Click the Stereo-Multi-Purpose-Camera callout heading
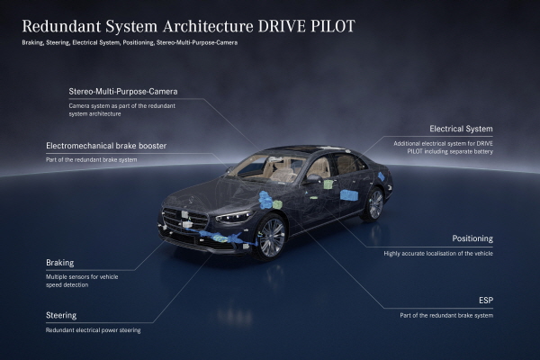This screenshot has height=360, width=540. pos(123,92)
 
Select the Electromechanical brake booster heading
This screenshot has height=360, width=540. pos(106,146)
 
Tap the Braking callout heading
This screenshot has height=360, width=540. pos(60,263)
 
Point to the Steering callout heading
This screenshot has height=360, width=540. pos(61,315)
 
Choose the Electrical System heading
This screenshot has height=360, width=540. pos(461,129)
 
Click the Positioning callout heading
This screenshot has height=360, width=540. pos(472,238)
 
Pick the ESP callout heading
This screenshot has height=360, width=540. pos(486,301)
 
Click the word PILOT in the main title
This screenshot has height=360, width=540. pos(333,26)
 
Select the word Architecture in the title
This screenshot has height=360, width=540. pos(208,26)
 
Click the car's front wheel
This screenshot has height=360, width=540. pos(272,238)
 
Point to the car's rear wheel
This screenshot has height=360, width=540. pos(375,204)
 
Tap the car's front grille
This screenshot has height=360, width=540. pos(184,220)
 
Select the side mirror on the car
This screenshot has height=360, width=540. pos(312,178)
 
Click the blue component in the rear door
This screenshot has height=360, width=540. pos(349,195)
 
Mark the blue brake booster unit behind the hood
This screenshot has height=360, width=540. pos(265,200)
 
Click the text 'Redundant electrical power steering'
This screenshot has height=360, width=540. pos(94,330)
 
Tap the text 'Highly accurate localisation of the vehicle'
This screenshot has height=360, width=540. pos(438,254)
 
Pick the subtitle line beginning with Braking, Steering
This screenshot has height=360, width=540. pos(130,42)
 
